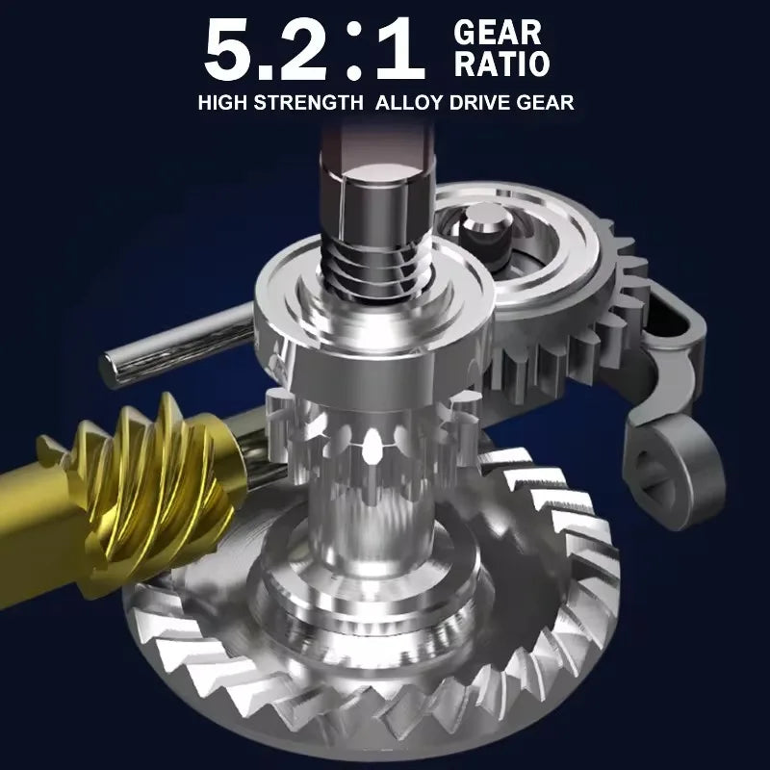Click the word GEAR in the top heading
click(497, 33)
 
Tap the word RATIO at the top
click(501, 64)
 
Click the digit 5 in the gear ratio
click(229, 51)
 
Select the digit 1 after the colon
click(401, 50)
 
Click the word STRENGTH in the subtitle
click(309, 103)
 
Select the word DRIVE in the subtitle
click(479, 103)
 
